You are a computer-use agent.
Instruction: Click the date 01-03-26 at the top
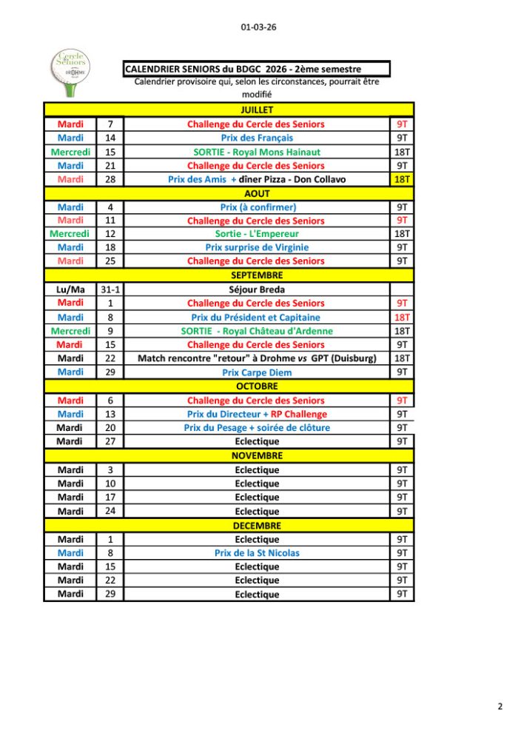click(258, 27)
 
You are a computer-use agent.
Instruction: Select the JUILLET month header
click(257, 110)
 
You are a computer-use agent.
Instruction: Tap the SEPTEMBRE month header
click(257, 275)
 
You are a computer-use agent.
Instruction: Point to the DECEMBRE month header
click(257, 526)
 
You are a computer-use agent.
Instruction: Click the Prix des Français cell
click(257, 138)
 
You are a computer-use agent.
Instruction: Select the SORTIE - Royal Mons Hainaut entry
click(257, 152)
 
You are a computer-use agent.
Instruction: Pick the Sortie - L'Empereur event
click(257, 234)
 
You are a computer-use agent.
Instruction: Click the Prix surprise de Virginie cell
click(257, 247)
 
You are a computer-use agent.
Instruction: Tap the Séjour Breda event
click(257, 289)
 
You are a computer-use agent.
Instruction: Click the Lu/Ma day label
click(70, 289)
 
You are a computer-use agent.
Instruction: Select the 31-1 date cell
click(110, 289)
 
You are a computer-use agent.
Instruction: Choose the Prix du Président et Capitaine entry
click(257, 317)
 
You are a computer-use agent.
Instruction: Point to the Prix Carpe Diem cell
click(257, 372)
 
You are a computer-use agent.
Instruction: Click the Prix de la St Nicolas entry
click(257, 553)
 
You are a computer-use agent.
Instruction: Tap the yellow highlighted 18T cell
click(403, 179)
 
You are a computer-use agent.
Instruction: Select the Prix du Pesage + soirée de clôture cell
click(257, 428)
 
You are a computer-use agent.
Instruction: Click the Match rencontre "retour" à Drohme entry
click(257, 358)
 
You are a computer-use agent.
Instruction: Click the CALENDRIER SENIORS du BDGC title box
click(257, 69)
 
